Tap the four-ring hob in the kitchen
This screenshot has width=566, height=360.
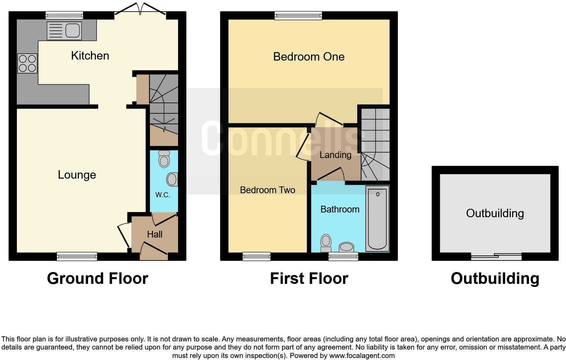point(27,63)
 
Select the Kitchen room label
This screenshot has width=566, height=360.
point(90,55)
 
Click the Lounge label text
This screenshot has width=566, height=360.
point(77,175)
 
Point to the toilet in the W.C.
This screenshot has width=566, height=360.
point(164,159)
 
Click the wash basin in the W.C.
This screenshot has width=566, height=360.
point(172,179)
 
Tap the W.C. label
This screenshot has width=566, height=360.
point(162,195)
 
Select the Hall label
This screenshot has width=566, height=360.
point(155,234)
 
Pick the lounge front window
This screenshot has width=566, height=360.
point(77,256)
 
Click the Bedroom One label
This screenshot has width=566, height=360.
point(309,57)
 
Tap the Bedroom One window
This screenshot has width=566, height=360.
point(298,15)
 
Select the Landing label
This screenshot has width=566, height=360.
point(335,155)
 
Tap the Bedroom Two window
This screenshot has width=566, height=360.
point(257,256)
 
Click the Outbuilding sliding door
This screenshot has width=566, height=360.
point(496,256)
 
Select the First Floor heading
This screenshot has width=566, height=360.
point(309,278)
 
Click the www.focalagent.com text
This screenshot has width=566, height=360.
point(362,356)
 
